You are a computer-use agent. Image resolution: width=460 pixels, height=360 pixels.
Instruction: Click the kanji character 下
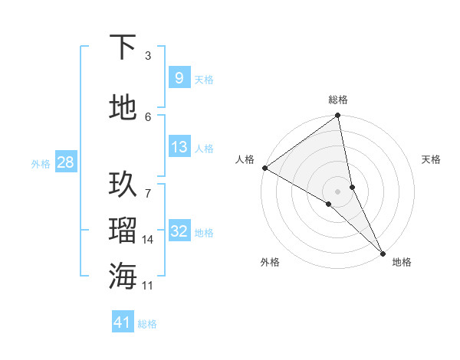123,47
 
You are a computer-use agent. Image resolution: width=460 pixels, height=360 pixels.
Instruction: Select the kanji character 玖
123,185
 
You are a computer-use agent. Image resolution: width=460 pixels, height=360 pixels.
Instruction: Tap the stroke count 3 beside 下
148,56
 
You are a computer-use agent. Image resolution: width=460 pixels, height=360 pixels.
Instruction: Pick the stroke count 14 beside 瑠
148,240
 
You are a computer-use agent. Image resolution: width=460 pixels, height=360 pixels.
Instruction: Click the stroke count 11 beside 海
148,286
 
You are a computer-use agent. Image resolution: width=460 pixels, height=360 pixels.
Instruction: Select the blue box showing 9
179,78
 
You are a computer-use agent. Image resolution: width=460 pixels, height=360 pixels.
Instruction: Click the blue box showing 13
179,147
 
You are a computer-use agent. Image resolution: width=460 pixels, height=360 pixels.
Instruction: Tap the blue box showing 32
179,232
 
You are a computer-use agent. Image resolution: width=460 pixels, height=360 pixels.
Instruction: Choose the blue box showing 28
65,163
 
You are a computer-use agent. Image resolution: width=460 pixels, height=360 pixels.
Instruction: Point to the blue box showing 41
123,323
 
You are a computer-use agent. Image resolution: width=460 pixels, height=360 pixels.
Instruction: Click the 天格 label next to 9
204,79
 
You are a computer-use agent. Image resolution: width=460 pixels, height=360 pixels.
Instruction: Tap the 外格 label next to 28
41,164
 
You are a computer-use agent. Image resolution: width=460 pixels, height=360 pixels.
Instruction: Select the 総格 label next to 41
147,324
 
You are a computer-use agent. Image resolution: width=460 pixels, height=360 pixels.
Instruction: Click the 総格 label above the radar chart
338,100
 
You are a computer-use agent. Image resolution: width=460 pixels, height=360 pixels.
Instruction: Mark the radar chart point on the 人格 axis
264,168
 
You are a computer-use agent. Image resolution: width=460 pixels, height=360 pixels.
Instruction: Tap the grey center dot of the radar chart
338,190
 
